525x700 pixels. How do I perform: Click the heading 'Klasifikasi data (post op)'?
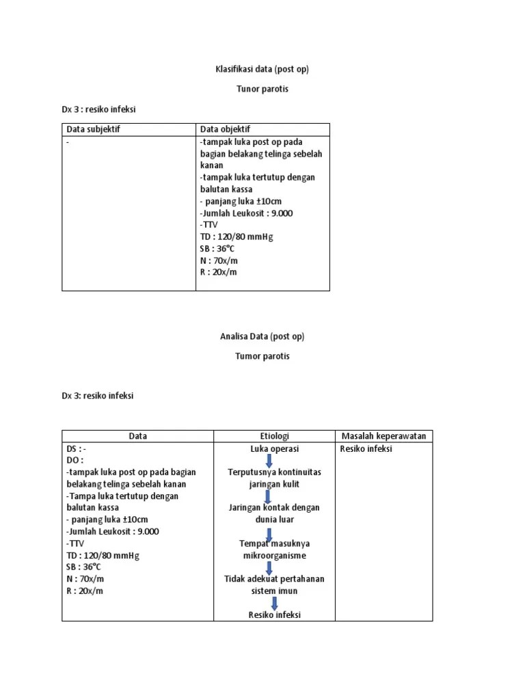pos(262,70)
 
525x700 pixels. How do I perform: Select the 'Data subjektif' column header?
pos(93,129)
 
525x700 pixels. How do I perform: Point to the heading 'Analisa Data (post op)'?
pos(262,336)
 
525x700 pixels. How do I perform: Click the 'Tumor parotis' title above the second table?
pos(262,356)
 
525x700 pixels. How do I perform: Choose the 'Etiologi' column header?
pos(274,436)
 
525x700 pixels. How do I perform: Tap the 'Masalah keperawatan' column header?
pos(383,436)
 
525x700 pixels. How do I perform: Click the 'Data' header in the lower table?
pos(137,436)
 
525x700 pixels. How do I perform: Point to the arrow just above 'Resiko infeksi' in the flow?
pos(274,603)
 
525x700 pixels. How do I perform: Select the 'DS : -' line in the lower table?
pos(77,449)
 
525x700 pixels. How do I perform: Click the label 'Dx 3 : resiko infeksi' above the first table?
pos(104,109)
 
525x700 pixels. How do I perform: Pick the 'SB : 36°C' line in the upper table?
pos(217,249)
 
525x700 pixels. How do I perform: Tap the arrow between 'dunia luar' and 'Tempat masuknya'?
pos(271,533)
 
